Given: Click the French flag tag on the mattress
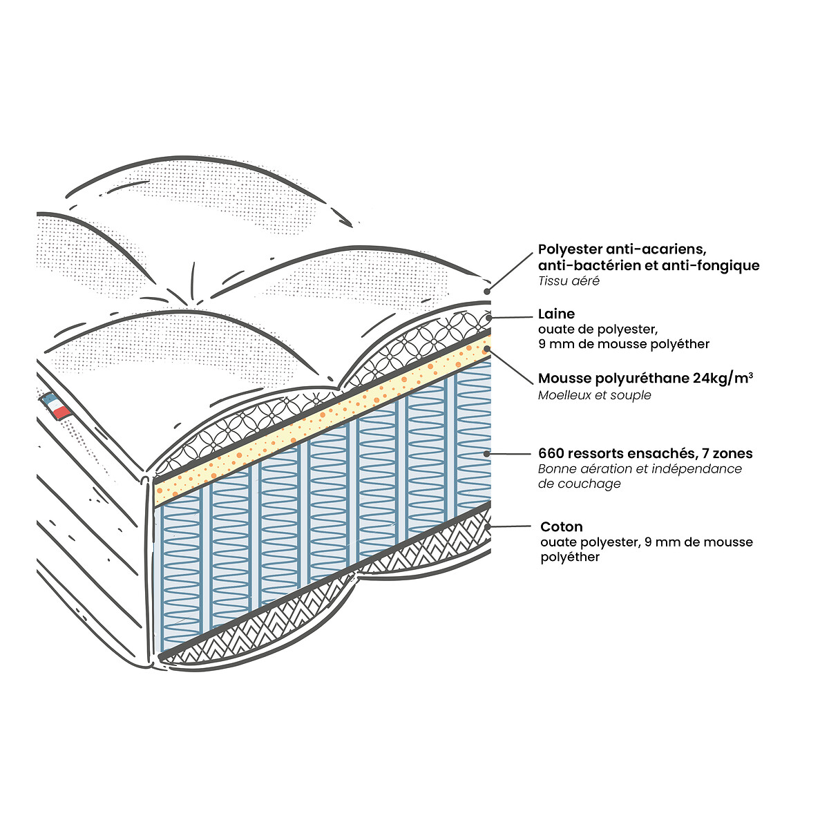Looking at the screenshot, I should point(56,406).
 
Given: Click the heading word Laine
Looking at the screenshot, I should point(556,314).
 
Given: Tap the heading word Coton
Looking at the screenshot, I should point(561,527).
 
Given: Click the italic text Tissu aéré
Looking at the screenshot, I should point(569,281).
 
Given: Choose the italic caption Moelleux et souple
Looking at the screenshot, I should point(594,395).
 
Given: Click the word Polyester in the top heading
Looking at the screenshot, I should point(571,249).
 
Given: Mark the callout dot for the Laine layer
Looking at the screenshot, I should point(489,318).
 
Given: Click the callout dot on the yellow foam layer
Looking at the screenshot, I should point(488,349).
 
